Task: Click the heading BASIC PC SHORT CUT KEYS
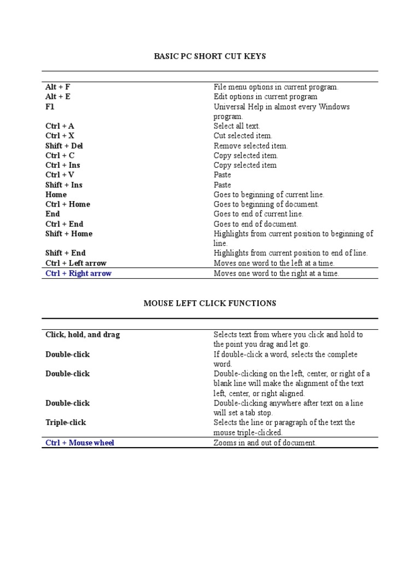click(210, 56)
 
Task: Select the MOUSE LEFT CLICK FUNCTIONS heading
click(210, 303)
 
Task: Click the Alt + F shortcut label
click(58, 87)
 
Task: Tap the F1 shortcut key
click(50, 107)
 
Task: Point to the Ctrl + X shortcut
click(60, 136)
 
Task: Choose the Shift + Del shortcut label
click(64, 146)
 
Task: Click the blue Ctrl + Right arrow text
click(78, 273)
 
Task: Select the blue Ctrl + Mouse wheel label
click(80, 443)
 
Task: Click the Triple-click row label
click(66, 422)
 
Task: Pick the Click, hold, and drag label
click(83, 334)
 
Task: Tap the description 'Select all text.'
click(237, 126)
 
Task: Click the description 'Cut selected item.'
click(243, 136)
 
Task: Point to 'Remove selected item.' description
click(250, 146)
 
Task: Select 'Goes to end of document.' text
click(256, 224)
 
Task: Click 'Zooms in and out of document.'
click(265, 443)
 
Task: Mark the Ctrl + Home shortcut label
click(68, 204)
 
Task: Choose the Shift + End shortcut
click(66, 253)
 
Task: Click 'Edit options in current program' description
click(265, 96)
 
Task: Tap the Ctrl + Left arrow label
click(76, 263)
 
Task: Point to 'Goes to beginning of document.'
click(266, 204)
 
